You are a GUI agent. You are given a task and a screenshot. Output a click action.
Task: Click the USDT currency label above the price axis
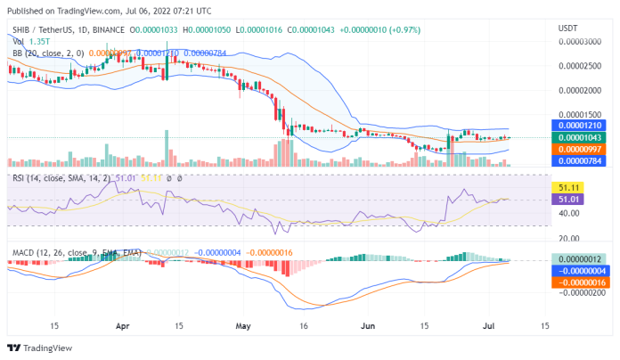click(567, 29)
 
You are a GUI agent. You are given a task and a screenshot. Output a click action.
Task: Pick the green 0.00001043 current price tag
click(577, 138)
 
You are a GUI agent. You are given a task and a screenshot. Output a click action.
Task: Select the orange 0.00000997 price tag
click(577, 149)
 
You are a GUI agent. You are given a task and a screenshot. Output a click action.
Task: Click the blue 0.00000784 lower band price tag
click(577, 160)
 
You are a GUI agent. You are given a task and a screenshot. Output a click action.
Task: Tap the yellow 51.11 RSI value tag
click(569, 188)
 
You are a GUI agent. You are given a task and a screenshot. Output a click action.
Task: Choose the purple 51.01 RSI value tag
click(569, 200)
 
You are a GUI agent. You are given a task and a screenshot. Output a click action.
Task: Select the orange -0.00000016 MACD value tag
click(577, 282)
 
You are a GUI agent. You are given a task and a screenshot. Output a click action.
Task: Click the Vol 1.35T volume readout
click(30, 41)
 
